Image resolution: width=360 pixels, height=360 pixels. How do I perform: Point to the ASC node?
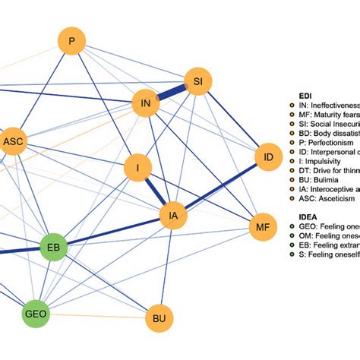(14, 141)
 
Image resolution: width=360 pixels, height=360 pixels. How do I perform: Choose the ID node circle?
(267, 157)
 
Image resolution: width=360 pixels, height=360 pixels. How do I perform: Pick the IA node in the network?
(174, 216)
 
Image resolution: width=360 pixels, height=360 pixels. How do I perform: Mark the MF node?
(262, 226)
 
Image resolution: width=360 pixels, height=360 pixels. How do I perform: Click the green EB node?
(53, 248)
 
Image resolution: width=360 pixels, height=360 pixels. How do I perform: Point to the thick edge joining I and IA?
(156, 192)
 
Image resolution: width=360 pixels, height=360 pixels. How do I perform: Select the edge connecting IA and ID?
(220, 187)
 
